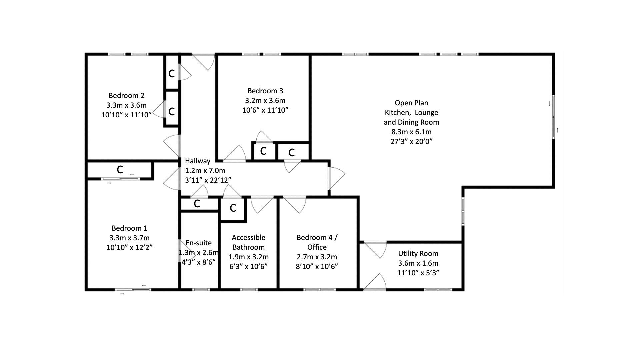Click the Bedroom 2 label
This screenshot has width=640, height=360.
126,96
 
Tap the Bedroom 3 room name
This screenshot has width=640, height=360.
265,91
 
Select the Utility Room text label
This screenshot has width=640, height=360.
418,254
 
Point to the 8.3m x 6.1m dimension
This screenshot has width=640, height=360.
411,132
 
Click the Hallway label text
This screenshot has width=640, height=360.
198,161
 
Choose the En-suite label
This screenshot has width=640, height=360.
199,243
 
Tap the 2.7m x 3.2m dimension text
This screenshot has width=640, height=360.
317,257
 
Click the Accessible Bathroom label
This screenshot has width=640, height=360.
249,242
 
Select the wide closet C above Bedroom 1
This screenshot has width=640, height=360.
120,170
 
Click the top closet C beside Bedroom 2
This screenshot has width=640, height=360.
172,74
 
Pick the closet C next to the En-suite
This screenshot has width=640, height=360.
197,204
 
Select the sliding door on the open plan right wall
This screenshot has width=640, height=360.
553,117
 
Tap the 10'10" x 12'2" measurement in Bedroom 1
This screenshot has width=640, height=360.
129,247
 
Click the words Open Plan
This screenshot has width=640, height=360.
411,103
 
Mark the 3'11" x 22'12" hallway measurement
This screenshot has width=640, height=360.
208,180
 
